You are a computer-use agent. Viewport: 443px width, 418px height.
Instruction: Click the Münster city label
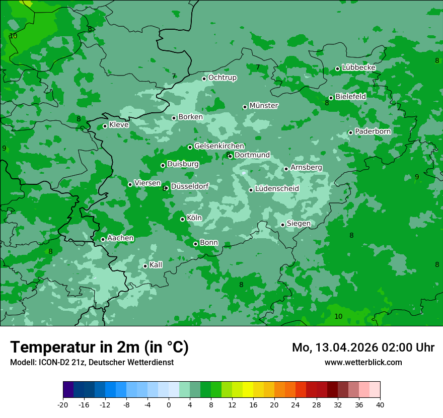(264, 106)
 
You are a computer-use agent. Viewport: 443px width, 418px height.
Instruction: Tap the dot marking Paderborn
(350, 132)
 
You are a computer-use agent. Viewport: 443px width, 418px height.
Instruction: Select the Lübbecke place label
(358, 67)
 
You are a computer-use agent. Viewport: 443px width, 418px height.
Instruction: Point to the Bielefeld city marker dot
(331, 98)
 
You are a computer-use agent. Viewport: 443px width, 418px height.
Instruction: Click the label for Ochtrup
(222, 78)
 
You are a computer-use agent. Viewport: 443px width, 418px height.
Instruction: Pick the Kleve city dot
(105, 126)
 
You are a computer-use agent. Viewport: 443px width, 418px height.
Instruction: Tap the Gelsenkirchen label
(219, 146)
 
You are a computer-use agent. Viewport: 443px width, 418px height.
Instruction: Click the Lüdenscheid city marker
(251, 190)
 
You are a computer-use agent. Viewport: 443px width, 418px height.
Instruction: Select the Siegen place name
(299, 224)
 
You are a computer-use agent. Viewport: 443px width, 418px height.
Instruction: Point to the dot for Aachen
(103, 239)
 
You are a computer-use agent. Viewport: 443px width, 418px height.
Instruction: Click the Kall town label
(156, 265)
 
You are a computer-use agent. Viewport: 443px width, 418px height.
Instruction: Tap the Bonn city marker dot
(195, 244)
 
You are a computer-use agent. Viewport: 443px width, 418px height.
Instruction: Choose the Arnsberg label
(306, 167)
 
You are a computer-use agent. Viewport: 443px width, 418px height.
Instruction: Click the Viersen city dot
(130, 184)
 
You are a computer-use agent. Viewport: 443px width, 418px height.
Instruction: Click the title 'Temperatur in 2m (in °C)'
(99, 347)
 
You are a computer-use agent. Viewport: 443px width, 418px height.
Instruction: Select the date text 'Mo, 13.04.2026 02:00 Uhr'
(363, 347)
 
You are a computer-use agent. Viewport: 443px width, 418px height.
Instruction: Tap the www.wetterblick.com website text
(363, 362)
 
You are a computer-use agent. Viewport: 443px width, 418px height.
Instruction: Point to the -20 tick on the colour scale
(63, 404)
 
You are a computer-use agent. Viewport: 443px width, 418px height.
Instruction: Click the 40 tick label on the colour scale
(380, 404)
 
